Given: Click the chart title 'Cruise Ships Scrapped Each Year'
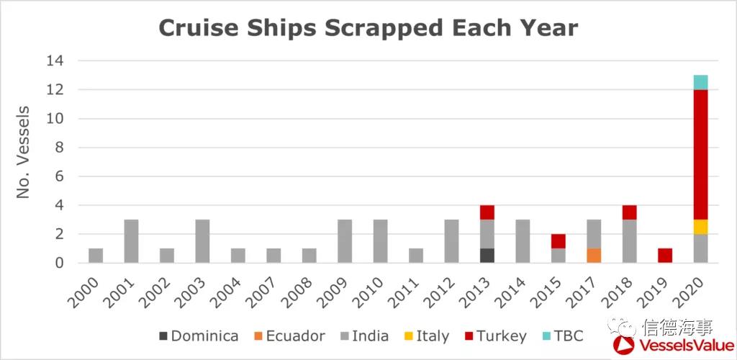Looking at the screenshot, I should click(x=368, y=27).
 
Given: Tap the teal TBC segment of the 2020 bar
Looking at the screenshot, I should click(x=700, y=82).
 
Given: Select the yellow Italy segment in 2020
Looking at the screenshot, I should click(x=700, y=227).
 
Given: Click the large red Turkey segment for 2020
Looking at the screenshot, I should click(x=700, y=155).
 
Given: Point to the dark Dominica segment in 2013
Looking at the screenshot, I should click(x=487, y=256).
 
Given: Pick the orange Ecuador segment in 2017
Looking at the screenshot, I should click(x=594, y=256).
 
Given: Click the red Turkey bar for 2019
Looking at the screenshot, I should click(x=665, y=256).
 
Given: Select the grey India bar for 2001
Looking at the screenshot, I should click(x=131, y=241).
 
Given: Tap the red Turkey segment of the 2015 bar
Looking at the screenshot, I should click(x=559, y=241).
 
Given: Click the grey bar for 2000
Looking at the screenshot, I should click(x=96, y=256).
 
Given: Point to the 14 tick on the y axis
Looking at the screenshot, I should click(x=55, y=61).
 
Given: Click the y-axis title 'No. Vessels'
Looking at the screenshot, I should click(x=24, y=153).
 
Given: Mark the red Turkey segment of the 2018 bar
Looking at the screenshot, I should click(x=629, y=212).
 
